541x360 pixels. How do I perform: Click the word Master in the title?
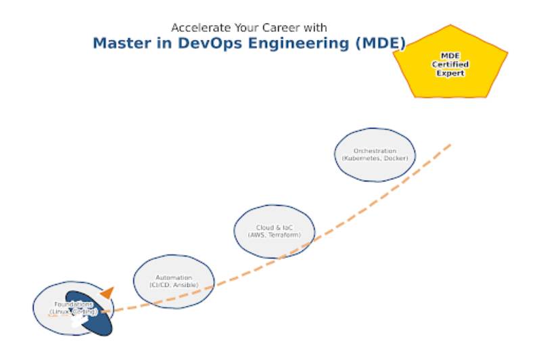pyautogui.click(x=120, y=44)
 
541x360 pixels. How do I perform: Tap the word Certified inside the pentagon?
pyautogui.click(x=450, y=64)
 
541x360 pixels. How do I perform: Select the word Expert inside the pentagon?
pyautogui.click(x=450, y=72)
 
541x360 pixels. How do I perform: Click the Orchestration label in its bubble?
pyautogui.click(x=375, y=151)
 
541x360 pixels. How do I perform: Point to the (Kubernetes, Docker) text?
pyautogui.click(x=375, y=158)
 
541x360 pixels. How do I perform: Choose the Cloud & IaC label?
pyautogui.click(x=275, y=228)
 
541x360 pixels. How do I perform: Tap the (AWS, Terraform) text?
pyautogui.click(x=275, y=235)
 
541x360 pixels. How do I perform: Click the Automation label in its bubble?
pyautogui.click(x=174, y=278)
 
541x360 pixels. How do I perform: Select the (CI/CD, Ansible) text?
pyautogui.click(x=174, y=285)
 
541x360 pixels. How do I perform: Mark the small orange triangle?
pyautogui.click(x=107, y=293)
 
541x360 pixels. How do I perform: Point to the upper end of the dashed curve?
pyautogui.click(x=450, y=143)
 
